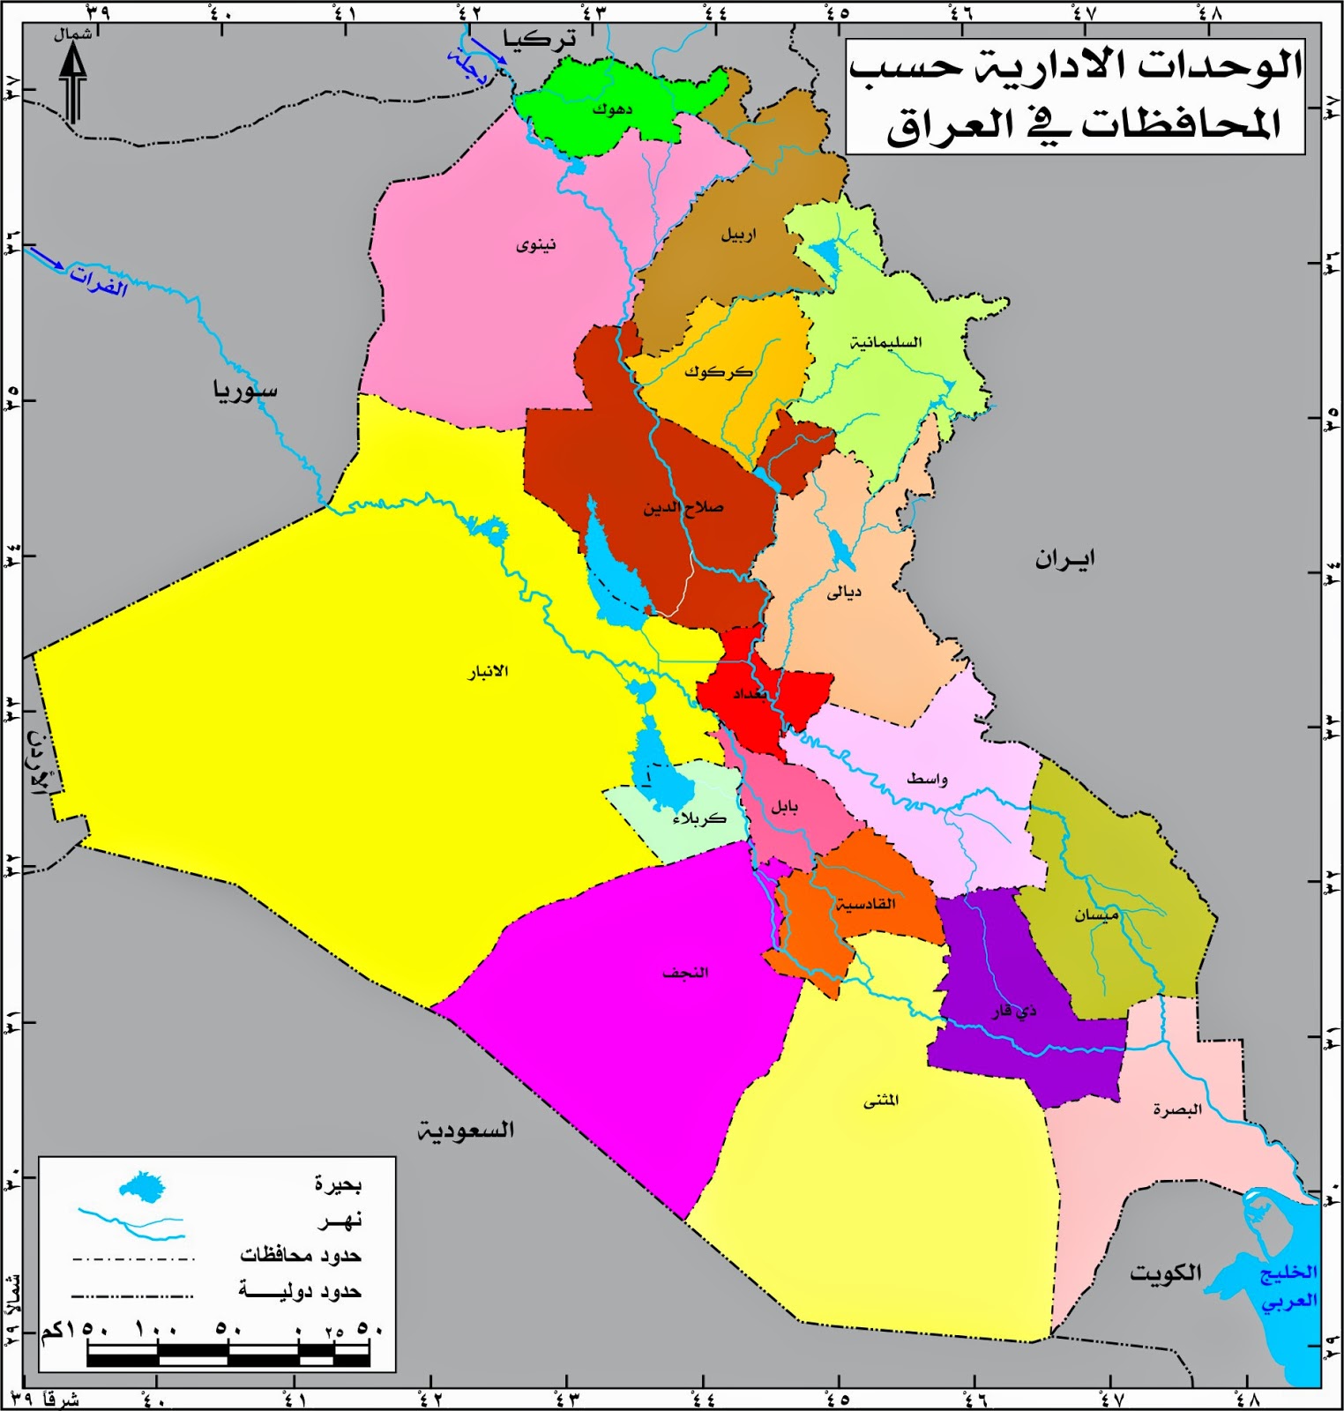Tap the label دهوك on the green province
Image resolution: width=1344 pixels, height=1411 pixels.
tap(612, 109)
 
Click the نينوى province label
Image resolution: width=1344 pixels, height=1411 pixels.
tap(536, 244)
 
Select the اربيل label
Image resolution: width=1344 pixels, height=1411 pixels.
tap(738, 235)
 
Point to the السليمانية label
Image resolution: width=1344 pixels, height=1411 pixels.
tap(885, 342)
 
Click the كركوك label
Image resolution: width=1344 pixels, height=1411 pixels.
tap(718, 372)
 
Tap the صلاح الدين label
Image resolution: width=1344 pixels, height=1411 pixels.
tap(683, 508)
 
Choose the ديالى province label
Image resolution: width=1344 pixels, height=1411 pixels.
tap(844, 592)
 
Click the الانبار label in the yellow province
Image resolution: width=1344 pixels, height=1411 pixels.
tap(488, 671)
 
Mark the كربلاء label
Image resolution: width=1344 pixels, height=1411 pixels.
tap(699, 818)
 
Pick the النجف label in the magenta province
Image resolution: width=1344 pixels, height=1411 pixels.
tap(685, 973)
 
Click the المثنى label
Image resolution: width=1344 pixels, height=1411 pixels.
tap(881, 1101)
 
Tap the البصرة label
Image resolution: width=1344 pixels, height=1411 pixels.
tap(1177, 1109)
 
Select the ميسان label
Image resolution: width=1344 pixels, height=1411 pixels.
tap(1096, 915)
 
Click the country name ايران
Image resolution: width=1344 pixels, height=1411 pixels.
tap(1065, 559)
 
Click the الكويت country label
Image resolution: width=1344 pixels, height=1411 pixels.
tap(1166, 1273)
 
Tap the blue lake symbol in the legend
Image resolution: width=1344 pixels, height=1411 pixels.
tap(143, 1187)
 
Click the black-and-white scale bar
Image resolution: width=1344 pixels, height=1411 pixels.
tap(228, 1355)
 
